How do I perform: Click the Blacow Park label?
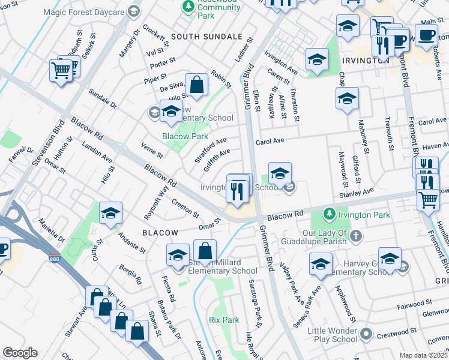pyautogui.click(x=185, y=136)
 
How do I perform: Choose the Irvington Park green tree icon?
pyautogui.click(x=328, y=214)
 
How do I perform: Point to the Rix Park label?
pyautogui.click(x=223, y=320)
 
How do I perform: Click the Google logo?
pyautogui.click(x=20, y=353)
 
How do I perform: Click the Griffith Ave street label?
pyautogui.click(x=217, y=160)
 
